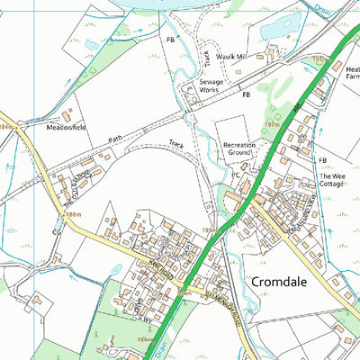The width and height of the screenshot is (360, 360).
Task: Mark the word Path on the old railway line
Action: click(115, 139)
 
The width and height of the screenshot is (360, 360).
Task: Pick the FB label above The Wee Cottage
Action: click(321, 159)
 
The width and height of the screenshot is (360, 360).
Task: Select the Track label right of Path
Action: click(176, 144)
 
